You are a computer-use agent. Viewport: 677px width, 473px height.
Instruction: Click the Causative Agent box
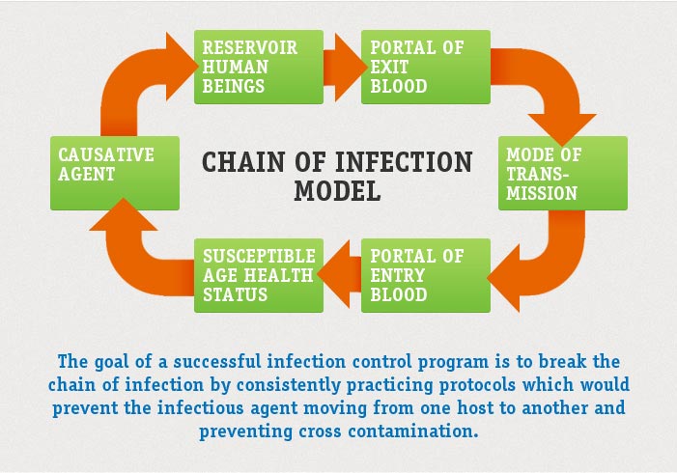point(115,173)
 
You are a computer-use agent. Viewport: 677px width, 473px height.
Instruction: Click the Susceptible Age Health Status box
point(258,275)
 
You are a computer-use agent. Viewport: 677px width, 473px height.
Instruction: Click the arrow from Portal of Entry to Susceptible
point(341,275)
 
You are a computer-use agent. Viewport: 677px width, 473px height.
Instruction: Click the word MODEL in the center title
point(337,189)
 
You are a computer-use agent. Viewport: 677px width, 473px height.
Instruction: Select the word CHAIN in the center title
point(240,160)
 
